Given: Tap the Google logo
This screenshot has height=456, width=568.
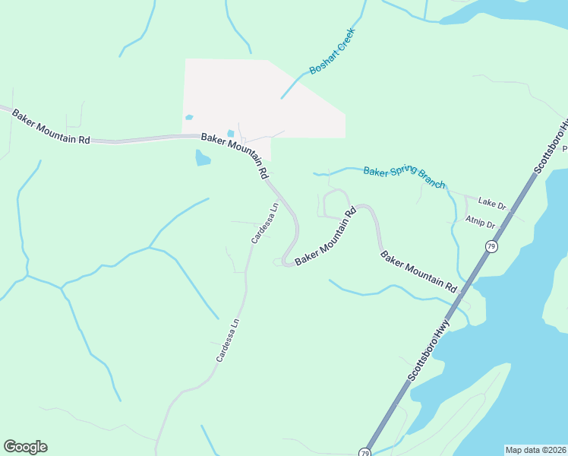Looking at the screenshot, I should point(25,447).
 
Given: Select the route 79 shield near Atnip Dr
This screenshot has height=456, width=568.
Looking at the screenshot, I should point(491,247).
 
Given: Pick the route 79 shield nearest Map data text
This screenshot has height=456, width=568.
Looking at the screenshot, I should point(365,453).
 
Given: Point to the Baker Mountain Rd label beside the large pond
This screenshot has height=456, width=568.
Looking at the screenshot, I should point(235,154).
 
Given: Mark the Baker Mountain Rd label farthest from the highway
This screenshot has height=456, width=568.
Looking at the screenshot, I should point(50,127).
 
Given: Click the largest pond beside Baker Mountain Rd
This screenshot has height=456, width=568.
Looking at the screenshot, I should point(202,157).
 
